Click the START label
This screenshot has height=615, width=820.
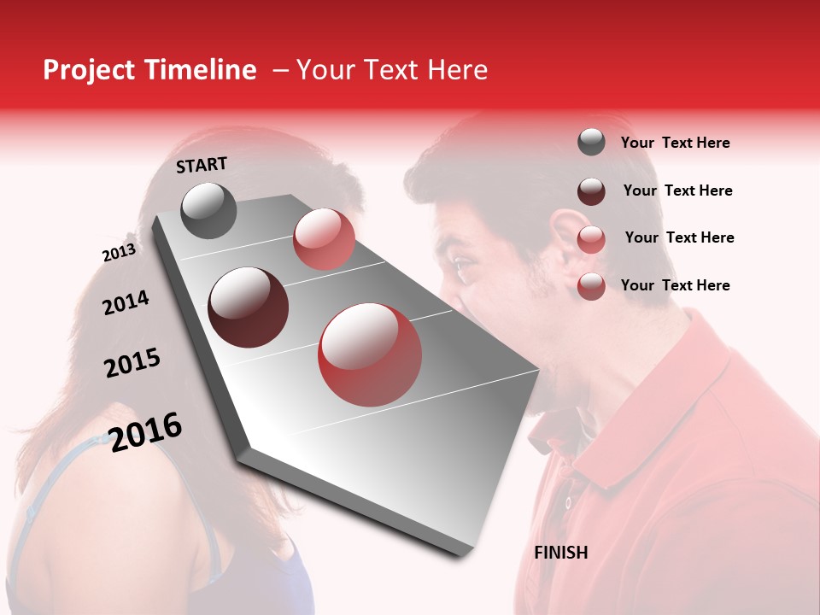click(202, 165)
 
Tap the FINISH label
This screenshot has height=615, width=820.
click(560, 553)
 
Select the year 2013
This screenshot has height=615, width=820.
click(119, 253)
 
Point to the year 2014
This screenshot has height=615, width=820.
click(126, 302)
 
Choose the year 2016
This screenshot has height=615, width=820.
click(146, 431)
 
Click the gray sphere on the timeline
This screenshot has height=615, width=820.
click(209, 210)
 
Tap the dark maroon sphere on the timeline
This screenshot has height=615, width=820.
click(248, 307)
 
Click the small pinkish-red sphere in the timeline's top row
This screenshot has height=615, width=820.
click(324, 239)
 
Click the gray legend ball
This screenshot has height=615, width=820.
click(591, 143)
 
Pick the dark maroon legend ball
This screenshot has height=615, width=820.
click(591, 191)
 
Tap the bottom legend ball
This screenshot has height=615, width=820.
click(591, 286)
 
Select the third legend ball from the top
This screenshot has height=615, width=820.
click(591, 239)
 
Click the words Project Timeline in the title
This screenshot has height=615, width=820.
click(149, 70)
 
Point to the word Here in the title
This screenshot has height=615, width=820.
click(456, 70)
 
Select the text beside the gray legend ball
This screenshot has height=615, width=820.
click(675, 143)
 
